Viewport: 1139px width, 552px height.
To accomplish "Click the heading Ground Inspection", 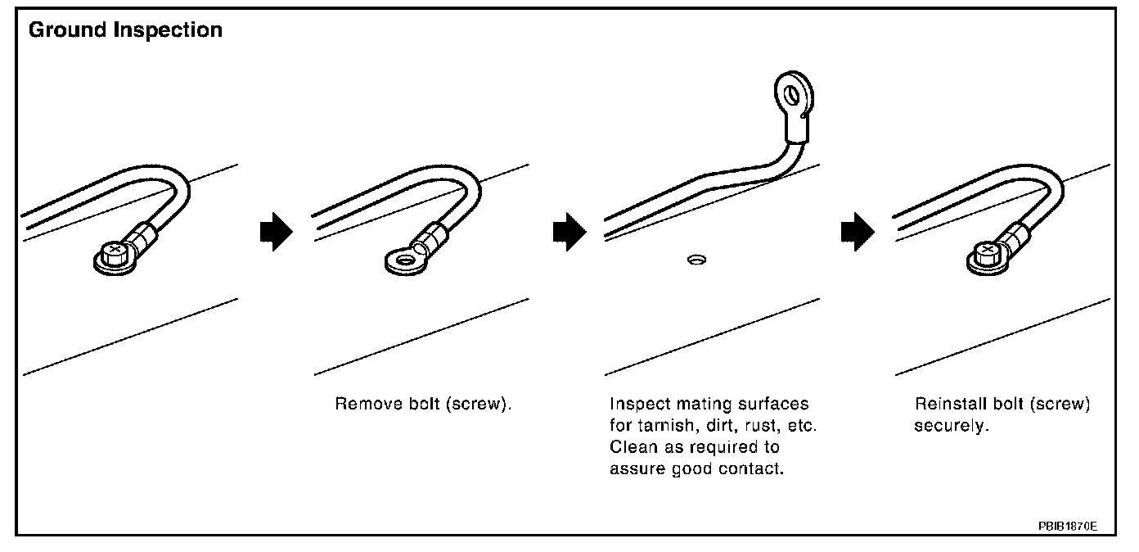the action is click(125, 30).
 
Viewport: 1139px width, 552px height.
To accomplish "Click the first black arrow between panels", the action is click(275, 233).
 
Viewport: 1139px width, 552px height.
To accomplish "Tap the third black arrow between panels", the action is click(858, 233).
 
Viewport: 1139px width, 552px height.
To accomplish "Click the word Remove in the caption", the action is click(361, 405).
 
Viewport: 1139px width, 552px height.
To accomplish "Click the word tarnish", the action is click(662, 427).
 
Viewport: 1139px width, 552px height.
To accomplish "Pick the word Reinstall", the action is click(945, 405).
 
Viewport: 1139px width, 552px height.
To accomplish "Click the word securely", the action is click(952, 427).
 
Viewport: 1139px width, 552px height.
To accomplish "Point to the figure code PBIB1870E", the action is click(1069, 524).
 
